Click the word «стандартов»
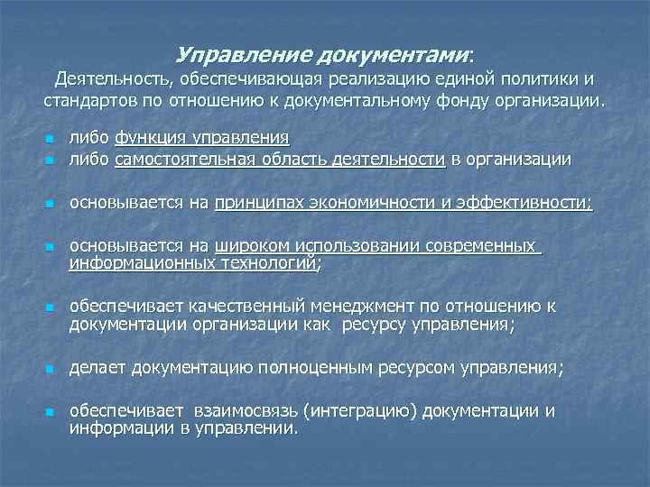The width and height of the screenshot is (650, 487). point(88,99)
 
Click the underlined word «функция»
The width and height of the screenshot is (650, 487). point(149,138)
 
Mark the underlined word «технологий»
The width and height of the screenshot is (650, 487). point(271,262)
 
